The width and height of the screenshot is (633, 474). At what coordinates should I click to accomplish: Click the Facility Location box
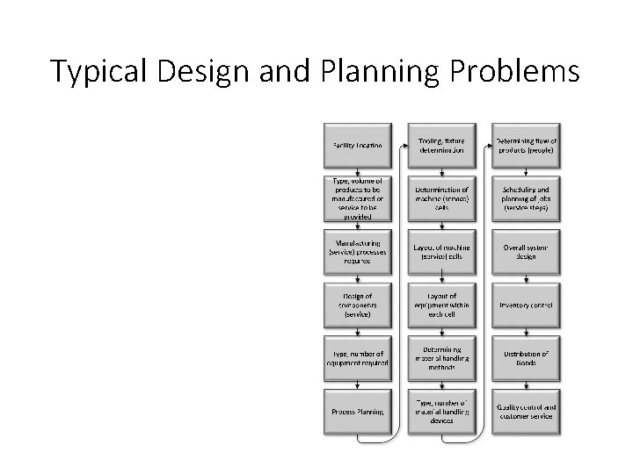[x=358, y=144]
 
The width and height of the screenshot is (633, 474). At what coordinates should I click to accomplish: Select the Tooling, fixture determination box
[x=441, y=144]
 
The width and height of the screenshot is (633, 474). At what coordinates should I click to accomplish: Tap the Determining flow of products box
[x=526, y=144]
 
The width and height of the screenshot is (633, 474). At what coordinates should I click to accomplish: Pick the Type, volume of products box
[x=358, y=198]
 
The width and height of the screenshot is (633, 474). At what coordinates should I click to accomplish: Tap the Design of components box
[x=358, y=305]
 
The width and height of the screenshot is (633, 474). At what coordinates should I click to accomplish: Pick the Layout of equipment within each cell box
[x=441, y=305]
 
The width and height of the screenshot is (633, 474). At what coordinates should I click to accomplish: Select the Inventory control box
[x=526, y=305]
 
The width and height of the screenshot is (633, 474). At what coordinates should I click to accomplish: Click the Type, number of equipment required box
[x=358, y=358]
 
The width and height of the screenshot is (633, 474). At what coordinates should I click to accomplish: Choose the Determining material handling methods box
[x=441, y=358]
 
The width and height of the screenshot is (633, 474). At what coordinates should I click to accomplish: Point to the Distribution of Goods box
[x=526, y=358]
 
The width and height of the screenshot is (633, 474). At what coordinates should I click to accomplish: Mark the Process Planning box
[x=358, y=412]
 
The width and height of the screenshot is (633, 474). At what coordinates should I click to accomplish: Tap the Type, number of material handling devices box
[x=441, y=412]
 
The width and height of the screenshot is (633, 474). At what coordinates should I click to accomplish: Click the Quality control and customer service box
[x=526, y=412]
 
